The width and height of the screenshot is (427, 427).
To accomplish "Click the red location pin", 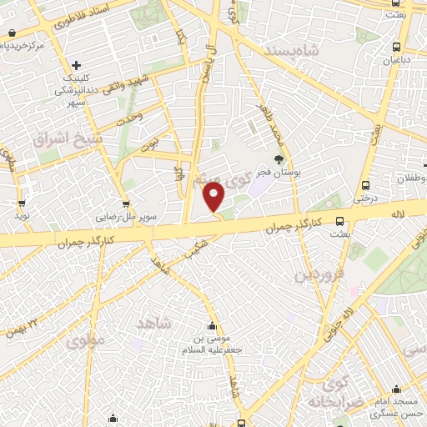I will [214, 198].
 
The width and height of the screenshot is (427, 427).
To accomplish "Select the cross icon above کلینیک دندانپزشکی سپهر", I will [76, 65].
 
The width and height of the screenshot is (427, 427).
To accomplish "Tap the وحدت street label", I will [130, 118].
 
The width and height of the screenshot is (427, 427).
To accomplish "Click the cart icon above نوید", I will [21, 202].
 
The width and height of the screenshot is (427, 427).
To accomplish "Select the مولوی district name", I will [87, 340].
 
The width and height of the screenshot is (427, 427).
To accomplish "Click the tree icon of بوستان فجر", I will [279, 159].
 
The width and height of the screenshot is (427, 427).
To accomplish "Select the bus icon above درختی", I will [365, 186].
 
